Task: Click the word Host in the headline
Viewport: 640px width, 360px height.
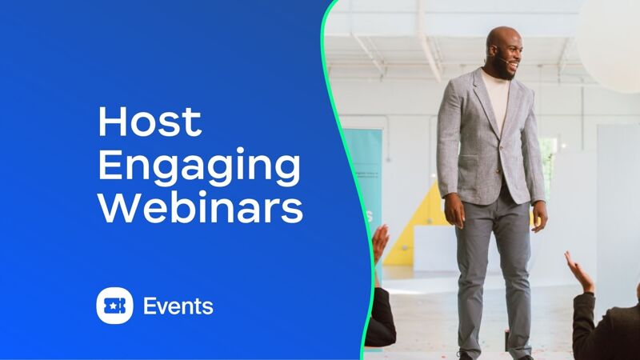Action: click(150, 122)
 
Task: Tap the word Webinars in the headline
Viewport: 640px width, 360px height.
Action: click(201, 208)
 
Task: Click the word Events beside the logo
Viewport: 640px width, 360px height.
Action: click(178, 306)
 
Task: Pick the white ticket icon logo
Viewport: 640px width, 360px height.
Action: click(114, 306)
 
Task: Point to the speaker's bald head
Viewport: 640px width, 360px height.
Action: click(502, 38)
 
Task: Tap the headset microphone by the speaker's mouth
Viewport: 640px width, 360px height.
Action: click(503, 61)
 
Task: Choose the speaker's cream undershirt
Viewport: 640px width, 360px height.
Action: click(497, 98)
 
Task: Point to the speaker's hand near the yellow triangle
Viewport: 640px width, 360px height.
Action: click(454, 210)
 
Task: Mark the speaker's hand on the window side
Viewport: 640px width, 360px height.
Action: click(539, 215)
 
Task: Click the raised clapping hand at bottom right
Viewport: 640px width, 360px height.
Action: click(579, 272)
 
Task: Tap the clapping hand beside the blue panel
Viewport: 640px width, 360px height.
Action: click(379, 243)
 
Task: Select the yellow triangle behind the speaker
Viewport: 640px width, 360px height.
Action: click(412, 233)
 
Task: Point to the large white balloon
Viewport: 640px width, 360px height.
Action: click(610, 43)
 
